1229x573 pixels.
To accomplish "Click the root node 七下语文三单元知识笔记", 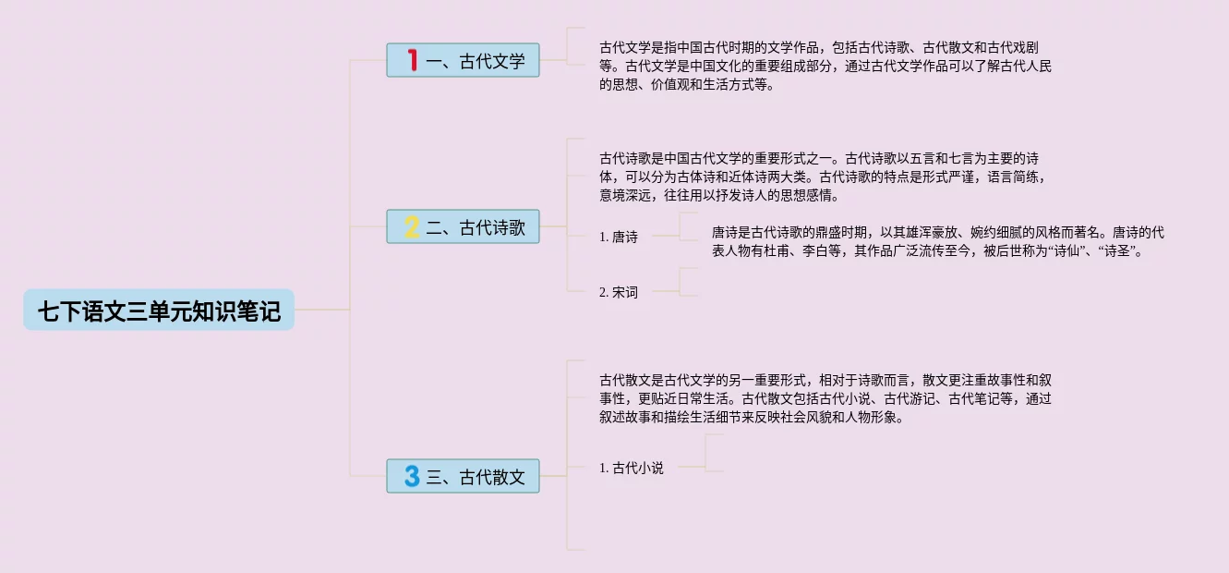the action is (x=159, y=311).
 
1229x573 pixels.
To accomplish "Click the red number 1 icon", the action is (x=412, y=61).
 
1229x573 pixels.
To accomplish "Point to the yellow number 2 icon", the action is (x=412, y=226).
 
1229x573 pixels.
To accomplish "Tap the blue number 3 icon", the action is (x=412, y=476).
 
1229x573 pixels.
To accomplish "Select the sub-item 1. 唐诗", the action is (x=619, y=237).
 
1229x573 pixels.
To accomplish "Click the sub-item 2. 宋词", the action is (x=619, y=292).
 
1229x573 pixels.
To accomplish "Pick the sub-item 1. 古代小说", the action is (x=632, y=468).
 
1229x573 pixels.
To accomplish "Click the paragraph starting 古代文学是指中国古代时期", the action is (x=825, y=66).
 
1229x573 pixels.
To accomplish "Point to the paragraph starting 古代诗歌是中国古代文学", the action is (x=825, y=177).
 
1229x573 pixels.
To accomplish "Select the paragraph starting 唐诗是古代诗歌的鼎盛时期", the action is (x=937, y=240).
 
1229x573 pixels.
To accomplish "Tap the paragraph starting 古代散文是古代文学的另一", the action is (x=825, y=398).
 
